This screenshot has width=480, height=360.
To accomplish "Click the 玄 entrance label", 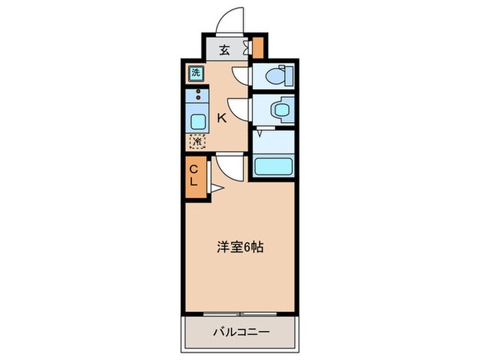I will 224,49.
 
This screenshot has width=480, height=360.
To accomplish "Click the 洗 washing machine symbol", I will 196,73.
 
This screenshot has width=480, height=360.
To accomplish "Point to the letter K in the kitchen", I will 221,118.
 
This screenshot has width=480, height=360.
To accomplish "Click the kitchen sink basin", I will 197,122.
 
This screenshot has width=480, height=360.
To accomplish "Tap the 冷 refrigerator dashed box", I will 197,141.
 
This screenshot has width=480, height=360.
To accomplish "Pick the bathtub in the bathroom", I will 274,167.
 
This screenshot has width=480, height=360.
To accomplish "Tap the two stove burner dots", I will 199,94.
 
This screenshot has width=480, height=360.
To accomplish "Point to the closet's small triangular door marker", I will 215,187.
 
